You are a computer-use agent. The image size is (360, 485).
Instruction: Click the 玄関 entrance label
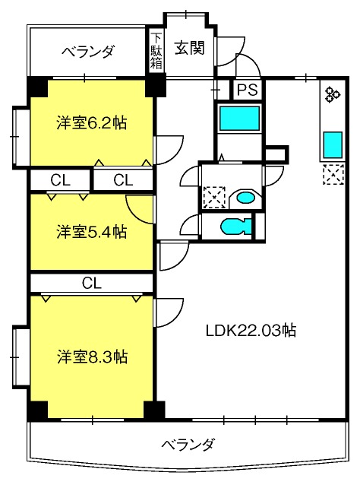189,48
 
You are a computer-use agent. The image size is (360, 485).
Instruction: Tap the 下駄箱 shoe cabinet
156,51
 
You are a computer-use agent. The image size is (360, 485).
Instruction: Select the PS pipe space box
248,90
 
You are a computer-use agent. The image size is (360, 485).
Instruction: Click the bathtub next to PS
239,118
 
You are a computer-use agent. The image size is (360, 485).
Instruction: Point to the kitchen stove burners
332,94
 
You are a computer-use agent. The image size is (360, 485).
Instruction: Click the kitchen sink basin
333,144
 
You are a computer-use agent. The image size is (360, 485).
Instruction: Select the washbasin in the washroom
245,198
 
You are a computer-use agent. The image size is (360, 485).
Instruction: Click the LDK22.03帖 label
251,331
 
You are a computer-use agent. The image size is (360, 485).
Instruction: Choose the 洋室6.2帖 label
91,123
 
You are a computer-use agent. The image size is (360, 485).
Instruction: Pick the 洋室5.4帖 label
91,232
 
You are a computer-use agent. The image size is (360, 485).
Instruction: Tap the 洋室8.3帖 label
92,357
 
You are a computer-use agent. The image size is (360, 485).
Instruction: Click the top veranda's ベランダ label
88,51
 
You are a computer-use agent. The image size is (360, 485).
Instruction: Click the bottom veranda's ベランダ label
188,445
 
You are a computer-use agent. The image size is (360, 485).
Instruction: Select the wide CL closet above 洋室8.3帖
92,283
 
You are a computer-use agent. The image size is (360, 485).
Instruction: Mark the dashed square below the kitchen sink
333,174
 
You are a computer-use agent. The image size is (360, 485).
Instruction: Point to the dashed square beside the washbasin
214,197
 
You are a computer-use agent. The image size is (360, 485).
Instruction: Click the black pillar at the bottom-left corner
38,411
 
